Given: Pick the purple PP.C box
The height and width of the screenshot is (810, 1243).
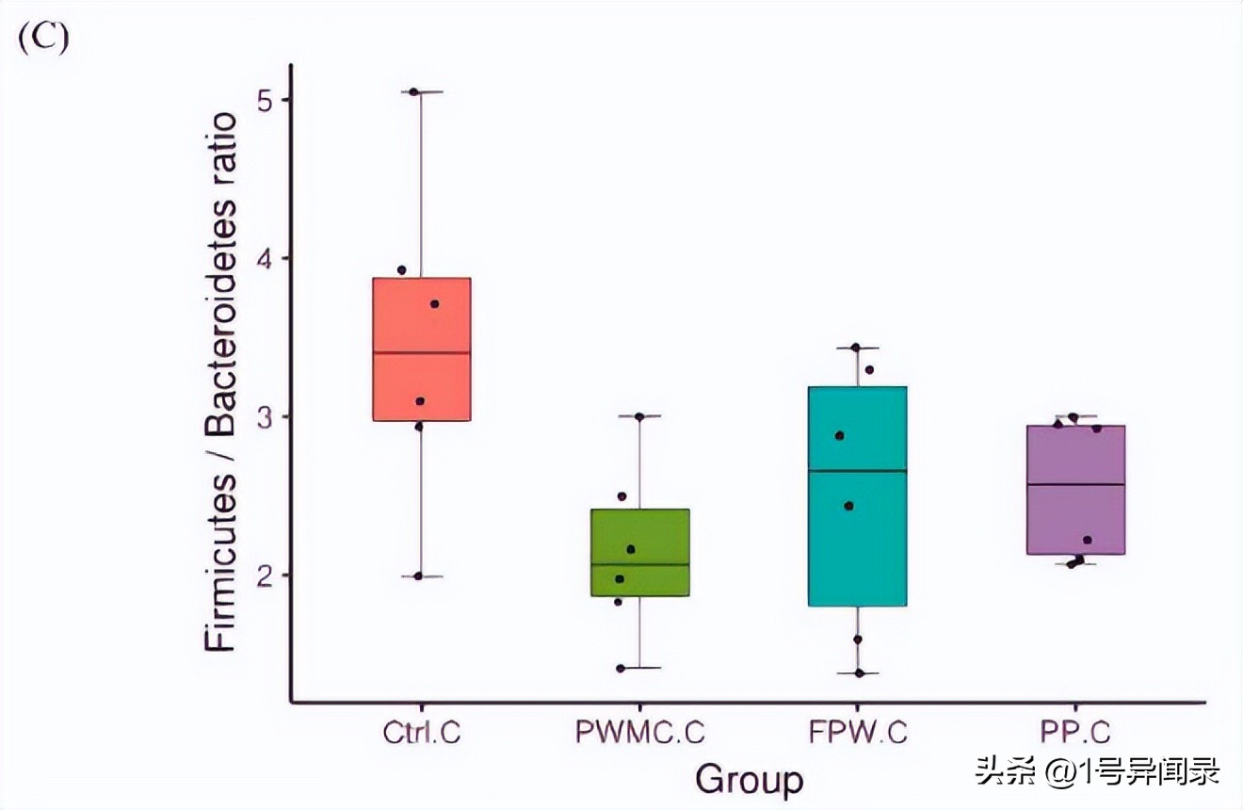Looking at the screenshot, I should click(x=1076, y=509).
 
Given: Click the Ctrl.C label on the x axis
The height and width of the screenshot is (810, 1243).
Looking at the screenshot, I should click(x=421, y=733).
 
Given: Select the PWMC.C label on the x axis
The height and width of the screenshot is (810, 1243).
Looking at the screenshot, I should click(x=640, y=733).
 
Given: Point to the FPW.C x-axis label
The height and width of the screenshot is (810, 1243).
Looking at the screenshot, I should click(x=858, y=733).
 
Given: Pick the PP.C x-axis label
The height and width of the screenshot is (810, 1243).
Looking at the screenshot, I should click(x=1076, y=733).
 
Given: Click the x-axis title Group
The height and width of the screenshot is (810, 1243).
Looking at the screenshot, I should click(x=750, y=780).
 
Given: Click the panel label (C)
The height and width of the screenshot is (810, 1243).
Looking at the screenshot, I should click(x=44, y=40).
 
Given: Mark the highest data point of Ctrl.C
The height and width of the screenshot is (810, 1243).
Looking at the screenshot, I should click(x=413, y=92).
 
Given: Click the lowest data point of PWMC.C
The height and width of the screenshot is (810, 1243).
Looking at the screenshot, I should click(x=621, y=669).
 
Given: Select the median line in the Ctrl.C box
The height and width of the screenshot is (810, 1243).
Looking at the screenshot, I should click(x=421, y=352).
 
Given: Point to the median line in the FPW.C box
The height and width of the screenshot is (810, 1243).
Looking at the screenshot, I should click(x=858, y=470).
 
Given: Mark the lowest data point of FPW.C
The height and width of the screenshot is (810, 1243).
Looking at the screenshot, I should click(x=860, y=673).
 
